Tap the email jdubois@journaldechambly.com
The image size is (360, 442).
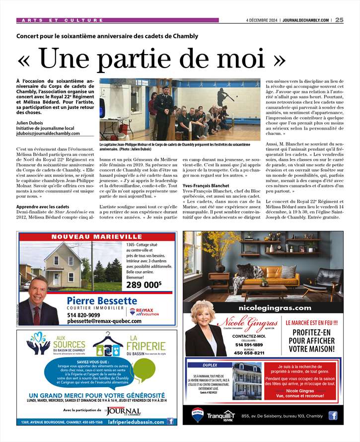click(x=48, y=133)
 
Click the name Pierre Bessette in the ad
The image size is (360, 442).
click(x=102, y=300)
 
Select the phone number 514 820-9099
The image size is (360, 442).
click(x=83, y=314)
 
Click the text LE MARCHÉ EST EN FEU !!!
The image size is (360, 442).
click(x=312, y=322)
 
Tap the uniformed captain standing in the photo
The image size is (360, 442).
click(x=164, y=112)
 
